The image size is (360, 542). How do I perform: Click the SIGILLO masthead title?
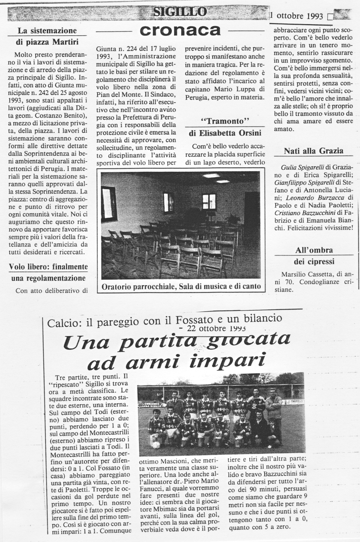pos(180,12)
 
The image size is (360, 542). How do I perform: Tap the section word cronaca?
pos(180,30)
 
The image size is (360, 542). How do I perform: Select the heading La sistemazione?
pos(47,31)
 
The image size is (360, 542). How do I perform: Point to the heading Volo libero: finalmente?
pos(48,267)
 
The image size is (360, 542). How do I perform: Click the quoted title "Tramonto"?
pos(225,121)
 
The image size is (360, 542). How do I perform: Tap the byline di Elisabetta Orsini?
pos(225,133)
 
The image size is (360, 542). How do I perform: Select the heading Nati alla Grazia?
pos(314,151)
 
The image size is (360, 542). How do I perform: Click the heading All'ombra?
pos(314,250)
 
